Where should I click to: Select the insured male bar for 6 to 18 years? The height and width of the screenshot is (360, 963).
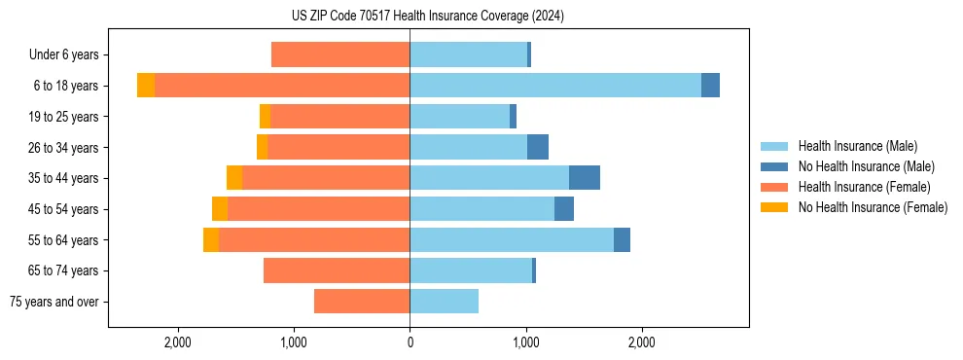coord(554,86)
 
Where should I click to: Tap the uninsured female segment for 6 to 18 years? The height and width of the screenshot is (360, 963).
coord(146,86)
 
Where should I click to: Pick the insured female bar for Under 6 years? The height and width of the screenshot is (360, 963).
coord(340,54)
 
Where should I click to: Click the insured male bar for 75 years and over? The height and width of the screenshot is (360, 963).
coord(444,302)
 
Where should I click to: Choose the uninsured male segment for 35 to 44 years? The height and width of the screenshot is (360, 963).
coord(585,178)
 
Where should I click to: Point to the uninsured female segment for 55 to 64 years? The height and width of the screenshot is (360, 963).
coord(211,239)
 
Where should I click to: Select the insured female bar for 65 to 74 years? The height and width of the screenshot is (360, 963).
coord(337,270)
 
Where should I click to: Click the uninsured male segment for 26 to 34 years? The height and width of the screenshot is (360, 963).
coord(538,147)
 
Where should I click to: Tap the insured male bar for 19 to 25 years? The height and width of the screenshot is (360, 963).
coord(459,117)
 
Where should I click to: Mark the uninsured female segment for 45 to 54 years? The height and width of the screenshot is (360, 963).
coord(220,209)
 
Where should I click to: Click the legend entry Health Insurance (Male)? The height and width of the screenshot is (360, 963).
coord(857,146)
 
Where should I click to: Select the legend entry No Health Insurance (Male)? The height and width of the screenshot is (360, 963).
coord(866,166)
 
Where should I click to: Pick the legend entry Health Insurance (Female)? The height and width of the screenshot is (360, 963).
coord(864,187)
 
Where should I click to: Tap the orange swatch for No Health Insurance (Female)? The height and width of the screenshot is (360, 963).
coord(774,207)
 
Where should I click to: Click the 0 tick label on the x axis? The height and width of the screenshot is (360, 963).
coord(410,342)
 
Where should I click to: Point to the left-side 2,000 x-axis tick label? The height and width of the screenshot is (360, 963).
coord(177,342)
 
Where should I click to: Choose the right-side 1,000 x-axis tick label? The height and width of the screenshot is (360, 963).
coord(526,342)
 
